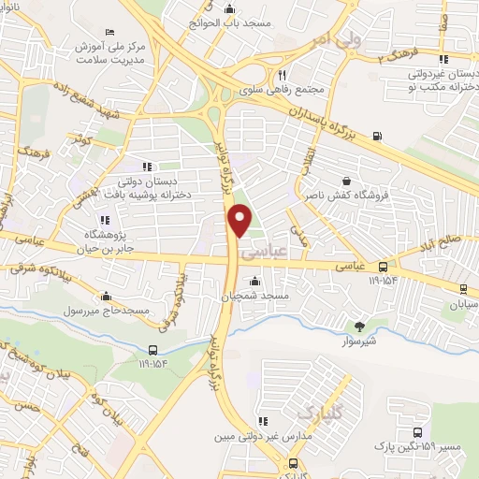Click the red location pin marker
(240, 221)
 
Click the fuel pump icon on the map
(377, 136)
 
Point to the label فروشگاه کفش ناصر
(349, 196)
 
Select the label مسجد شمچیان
(255, 295)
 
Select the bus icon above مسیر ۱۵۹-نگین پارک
(417, 432)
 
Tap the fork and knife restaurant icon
(283, 75)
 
